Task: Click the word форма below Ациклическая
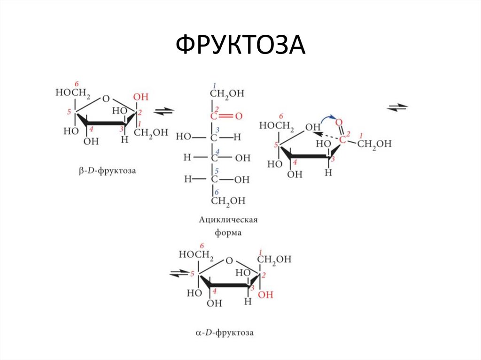229,232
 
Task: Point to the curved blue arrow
327,117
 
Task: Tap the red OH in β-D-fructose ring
140,97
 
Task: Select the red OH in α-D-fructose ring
265,294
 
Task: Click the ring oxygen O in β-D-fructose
106,99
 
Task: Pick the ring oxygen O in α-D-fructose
229,260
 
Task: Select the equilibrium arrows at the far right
397,107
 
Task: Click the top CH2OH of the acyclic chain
227,94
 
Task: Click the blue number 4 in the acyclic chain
217,151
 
